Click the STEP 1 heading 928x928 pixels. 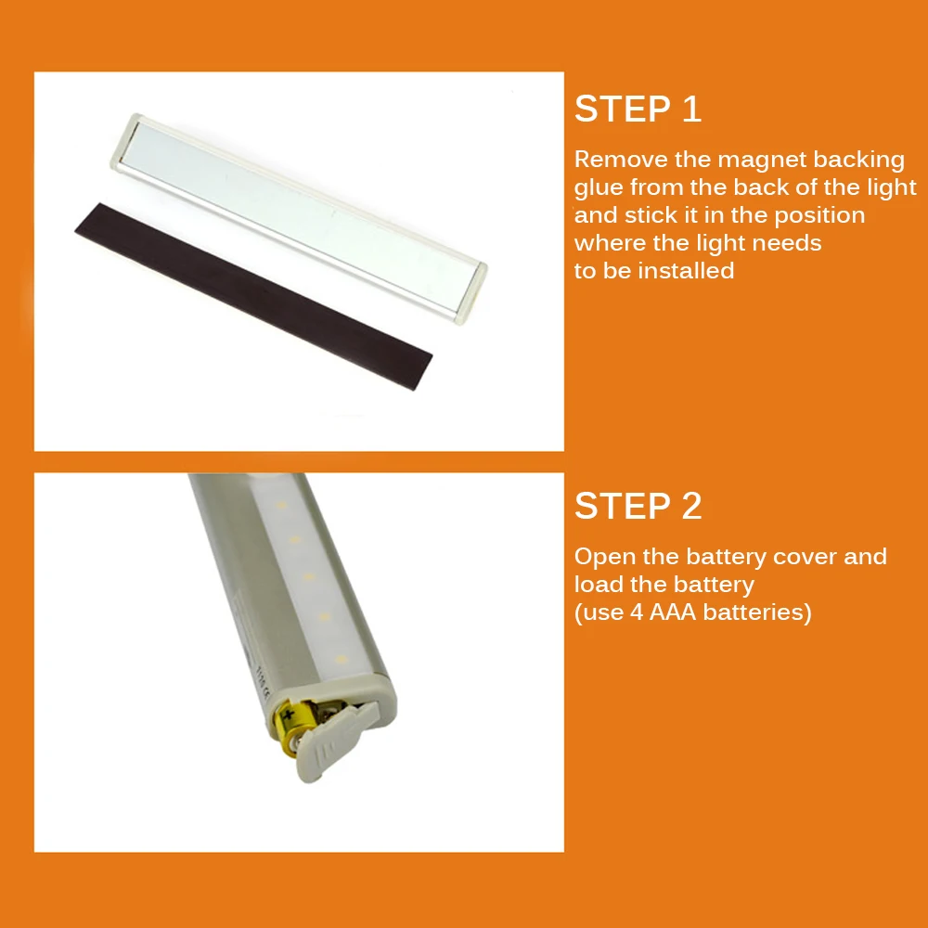point(638,109)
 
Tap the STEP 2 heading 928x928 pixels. point(638,506)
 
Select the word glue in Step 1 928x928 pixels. point(599,188)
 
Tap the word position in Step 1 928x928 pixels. point(819,216)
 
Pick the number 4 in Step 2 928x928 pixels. point(637,612)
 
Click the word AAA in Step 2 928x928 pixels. point(673,612)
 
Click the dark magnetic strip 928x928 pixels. point(253,296)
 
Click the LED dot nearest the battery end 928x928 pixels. point(341,659)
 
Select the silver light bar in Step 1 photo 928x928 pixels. point(299,218)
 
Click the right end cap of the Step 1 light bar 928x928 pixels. point(472,293)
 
